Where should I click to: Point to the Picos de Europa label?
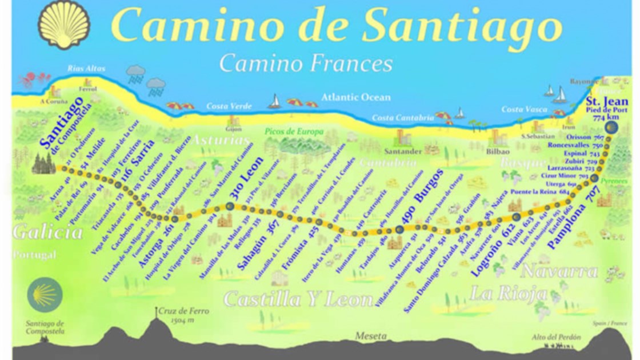click(x=294, y=131)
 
